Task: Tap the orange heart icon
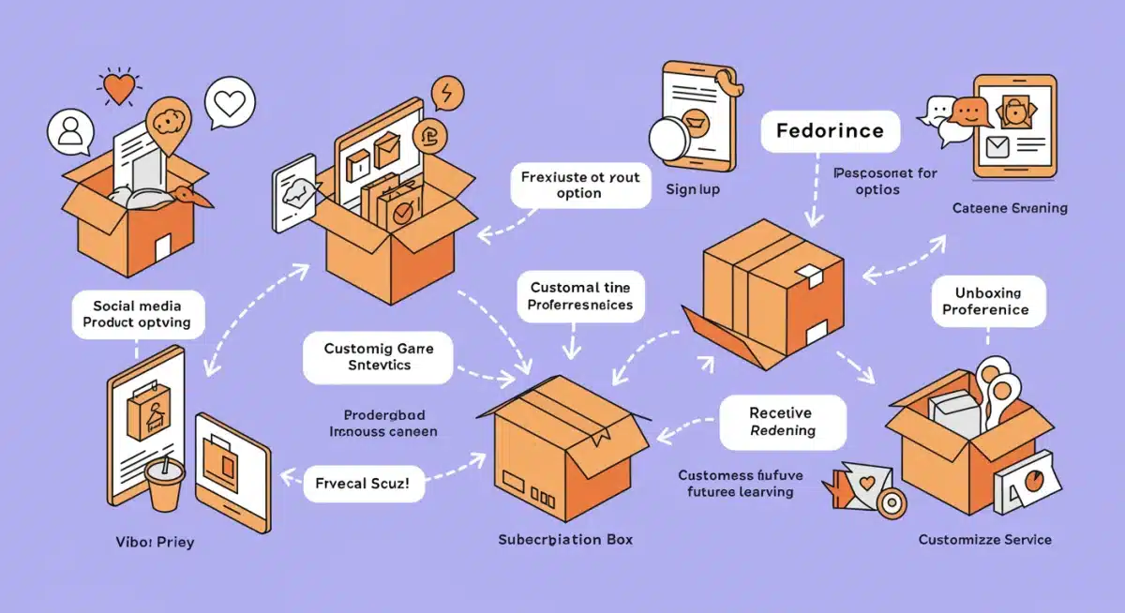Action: point(118,89)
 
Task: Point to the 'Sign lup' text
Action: point(694,189)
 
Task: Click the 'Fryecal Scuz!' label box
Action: point(364,486)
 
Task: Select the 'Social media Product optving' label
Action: point(137,314)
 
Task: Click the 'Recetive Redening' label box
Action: point(782,422)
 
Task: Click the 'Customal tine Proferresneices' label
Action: point(579,296)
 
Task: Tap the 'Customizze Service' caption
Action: point(984,539)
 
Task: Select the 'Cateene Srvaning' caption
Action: point(1009,208)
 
